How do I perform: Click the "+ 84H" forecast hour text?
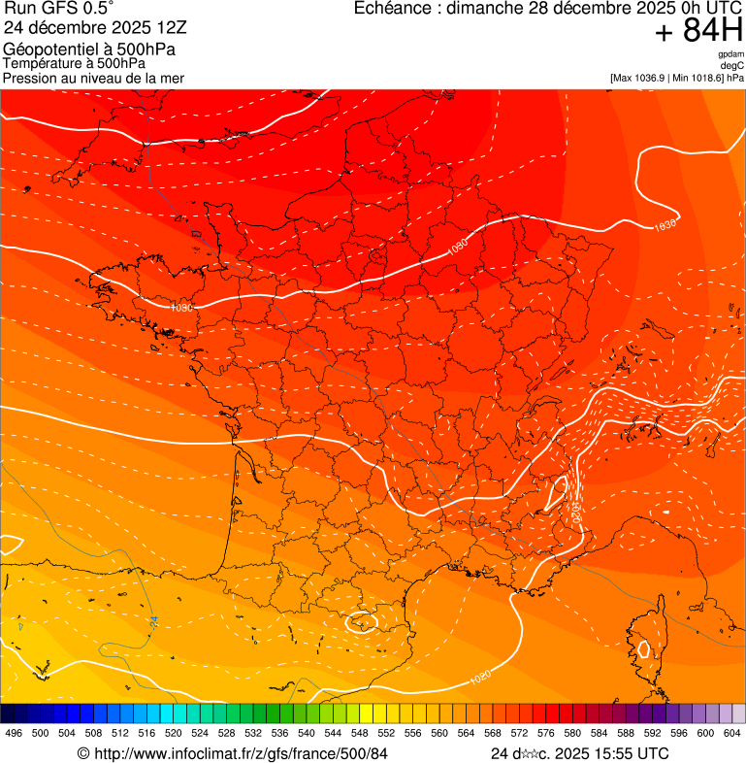point(697,31)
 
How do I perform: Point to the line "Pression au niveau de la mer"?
point(93,78)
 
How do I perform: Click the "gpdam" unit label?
point(730,54)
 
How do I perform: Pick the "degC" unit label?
point(732,66)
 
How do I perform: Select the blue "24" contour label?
point(153,619)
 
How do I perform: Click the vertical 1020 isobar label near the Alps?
point(576,509)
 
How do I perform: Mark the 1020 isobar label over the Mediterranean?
point(479,676)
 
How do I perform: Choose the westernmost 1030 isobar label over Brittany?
point(181,307)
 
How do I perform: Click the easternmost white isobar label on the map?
point(665,225)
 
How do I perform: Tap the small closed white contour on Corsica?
point(641,648)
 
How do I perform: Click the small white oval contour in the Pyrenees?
point(362,622)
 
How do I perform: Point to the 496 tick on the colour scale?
point(14,734)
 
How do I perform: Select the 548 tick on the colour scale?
point(359,734)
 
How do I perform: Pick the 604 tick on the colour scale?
point(731,734)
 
